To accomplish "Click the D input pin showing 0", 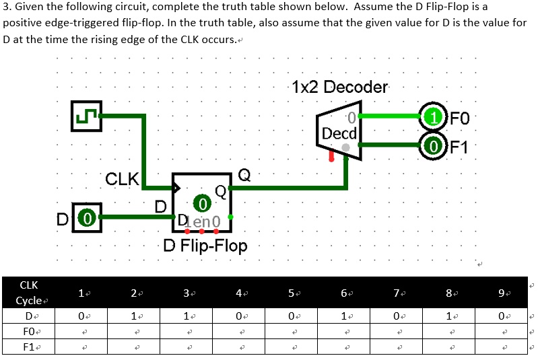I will click(86, 217).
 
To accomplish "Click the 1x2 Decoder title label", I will click(340, 87).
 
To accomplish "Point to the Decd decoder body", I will click(341, 131).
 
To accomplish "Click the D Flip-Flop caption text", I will click(205, 246).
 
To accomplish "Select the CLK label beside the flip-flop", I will click(122, 180).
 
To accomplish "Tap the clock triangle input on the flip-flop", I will click(177, 186).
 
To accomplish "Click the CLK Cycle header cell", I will click(29, 293).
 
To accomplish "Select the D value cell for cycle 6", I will click(344, 314).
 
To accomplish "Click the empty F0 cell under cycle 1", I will click(81, 331).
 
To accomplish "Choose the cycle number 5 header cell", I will click(292, 293).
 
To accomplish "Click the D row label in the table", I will click(29, 314).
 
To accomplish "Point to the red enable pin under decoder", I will click(331, 157).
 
